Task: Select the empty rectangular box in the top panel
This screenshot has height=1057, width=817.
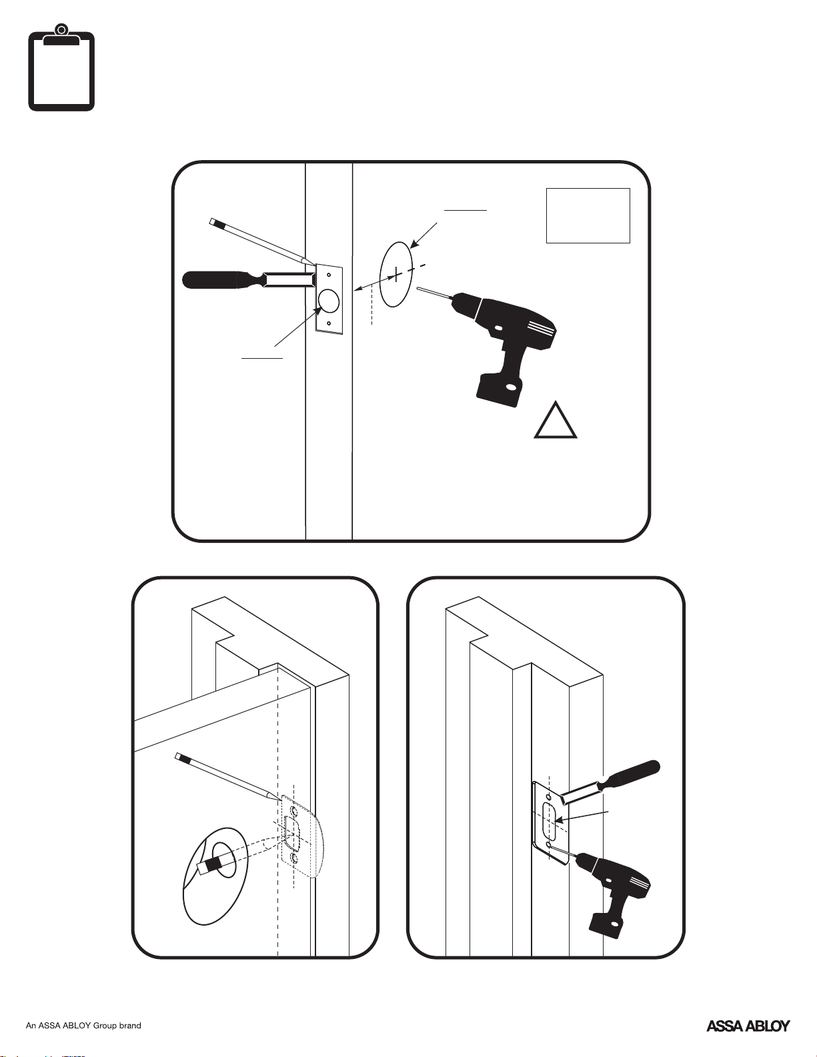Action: [x=588, y=215]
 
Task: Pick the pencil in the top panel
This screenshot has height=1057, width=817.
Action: [x=260, y=242]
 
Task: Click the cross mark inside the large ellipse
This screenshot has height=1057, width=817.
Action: [x=396, y=273]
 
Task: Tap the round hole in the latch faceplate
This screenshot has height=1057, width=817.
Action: [x=329, y=301]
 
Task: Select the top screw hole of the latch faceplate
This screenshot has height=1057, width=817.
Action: [x=329, y=274]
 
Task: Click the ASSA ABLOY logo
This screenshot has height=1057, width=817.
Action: [x=748, y=1026]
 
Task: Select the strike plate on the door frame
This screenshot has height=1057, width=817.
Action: [x=551, y=824]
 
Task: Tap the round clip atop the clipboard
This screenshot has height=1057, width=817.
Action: [x=61, y=29]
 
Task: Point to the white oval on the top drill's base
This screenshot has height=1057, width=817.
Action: [x=511, y=387]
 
